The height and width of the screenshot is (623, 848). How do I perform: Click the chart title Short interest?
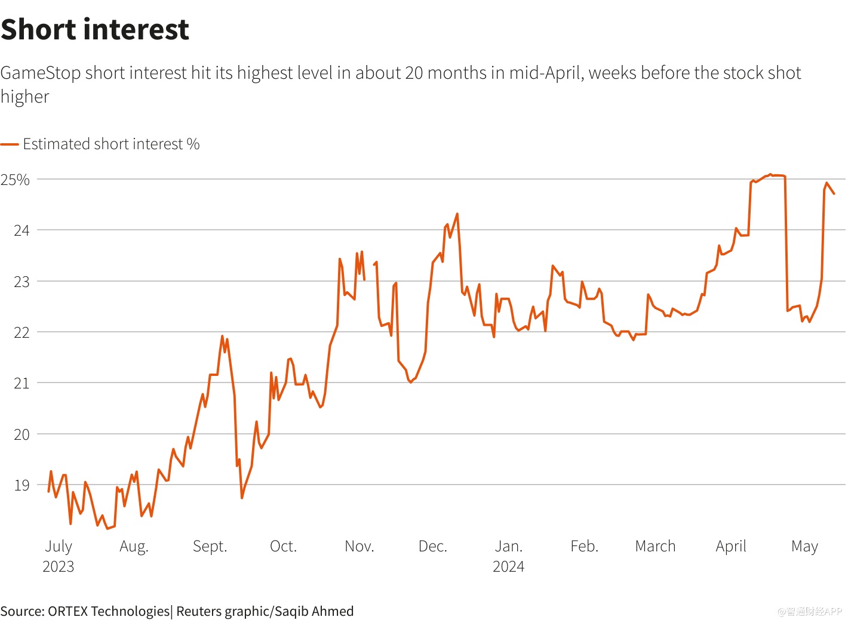click(95, 29)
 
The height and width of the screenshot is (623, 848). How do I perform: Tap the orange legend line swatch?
click(10, 144)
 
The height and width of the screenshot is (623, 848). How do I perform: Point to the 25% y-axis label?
click(15, 180)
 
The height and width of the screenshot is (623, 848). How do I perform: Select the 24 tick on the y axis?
click(21, 230)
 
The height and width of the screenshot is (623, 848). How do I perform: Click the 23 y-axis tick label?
click(21, 282)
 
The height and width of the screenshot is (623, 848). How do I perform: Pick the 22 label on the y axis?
click(21, 332)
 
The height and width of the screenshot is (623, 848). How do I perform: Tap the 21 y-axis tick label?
click(21, 383)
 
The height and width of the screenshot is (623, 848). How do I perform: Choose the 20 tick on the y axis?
click(21, 434)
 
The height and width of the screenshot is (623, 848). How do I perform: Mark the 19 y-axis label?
click(21, 485)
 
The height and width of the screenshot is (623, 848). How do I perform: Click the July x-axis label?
click(59, 546)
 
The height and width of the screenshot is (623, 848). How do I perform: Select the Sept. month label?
click(210, 546)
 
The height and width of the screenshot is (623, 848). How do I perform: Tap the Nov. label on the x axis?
click(359, 546)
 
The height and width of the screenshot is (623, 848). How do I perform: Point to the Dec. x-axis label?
click(433, 546)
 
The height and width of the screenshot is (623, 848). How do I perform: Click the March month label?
click(655, 546)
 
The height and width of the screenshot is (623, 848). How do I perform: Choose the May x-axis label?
click(804, 546)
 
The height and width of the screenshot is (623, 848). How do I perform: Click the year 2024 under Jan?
click(508, 566)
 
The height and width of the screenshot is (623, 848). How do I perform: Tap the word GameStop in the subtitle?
click(41, 73)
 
